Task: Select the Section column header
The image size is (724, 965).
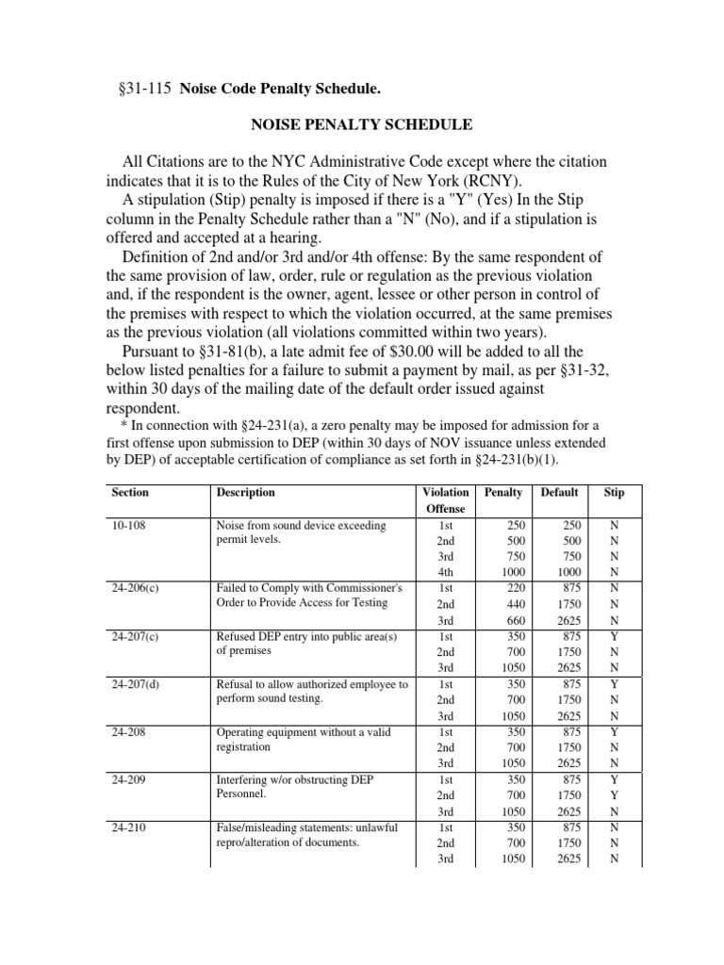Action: pyautogui.click(x=130, y=493)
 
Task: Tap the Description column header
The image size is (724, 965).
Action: pyautogui.click(x=246, y=493)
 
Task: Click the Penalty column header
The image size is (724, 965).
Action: pyautogui.click(x=502, y=493)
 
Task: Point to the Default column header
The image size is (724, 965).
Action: pyautogui.click(x=559, y=493)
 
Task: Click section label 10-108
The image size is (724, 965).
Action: pyautogui.click(x=128, y=525)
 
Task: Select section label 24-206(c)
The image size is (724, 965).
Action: pyautogui.click(x=135, y=588)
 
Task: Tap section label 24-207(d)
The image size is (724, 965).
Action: pyautogui.click(x=135, y=684)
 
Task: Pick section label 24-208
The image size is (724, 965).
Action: pyautogui.click(x=128, y=732)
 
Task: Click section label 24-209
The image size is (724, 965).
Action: pyautogui.click(x=128, y=779)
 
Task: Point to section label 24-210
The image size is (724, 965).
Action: pyautogui.click(x=128, y=827)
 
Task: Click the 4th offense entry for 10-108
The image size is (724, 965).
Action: pyautogui.click(x=446, y=572)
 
